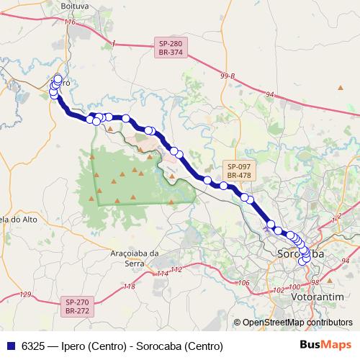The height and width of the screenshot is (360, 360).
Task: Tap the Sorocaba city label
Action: pyautogui.click(x=300, y=255)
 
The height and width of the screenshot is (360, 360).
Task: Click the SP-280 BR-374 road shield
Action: pyautogui.click(x=171, y=48)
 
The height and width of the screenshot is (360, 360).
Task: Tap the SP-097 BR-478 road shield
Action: pyautogui.click(x=238, y=170)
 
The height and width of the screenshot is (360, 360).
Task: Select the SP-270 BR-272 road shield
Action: pyautogui.click(x=76, y=306)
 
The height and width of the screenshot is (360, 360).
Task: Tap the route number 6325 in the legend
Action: pyautogui.click(x=31, y=346)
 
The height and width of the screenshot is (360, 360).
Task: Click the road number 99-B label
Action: pyautogui.click(x=228, y=76)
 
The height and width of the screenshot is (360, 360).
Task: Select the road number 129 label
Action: pyautogui.click(x=26, y=294)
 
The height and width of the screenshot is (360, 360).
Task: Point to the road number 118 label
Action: pyautogui.click(x=130, y=287)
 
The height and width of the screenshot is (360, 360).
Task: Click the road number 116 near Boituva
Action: pyautogui.click(x=69, y=22)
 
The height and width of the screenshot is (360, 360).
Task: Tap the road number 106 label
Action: pyautogui.click(x=243, y=283)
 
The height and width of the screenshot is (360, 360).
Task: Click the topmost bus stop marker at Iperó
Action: pyautogui.click(x=58, y=78)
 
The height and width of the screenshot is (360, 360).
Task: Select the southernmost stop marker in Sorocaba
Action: pyautogui.click(x=303, y=261)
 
